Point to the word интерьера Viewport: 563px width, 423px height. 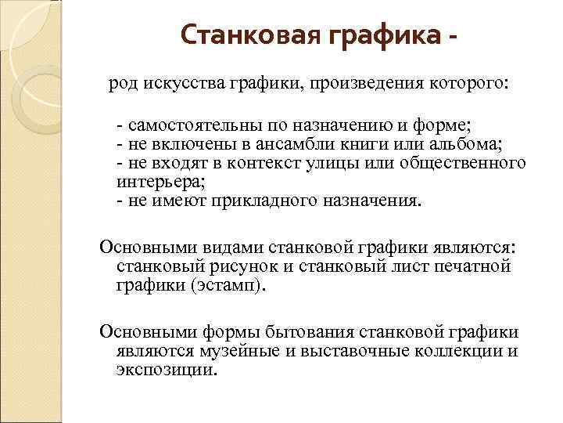[x=160, y=182]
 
